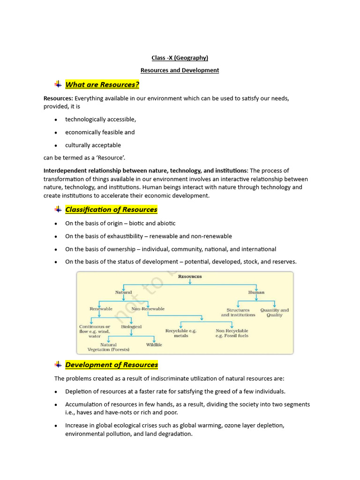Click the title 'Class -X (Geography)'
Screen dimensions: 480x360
pos(180,58)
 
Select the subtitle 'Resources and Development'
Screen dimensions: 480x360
pos(180,70)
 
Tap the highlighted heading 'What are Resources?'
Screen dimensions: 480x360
pos(102,84)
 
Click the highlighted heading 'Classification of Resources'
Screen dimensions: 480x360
pos(111,210)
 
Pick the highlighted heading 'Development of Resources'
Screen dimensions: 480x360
pos(112,365)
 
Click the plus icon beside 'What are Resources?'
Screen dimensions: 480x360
pos(58,84)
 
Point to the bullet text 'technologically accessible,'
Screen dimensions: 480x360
pos(100,120)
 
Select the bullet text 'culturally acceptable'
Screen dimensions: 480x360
pos(93,145)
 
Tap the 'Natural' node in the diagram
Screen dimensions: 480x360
pos(124,292)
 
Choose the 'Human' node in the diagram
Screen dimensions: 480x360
pos(256,292)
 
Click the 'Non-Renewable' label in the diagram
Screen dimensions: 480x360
pos(148,309)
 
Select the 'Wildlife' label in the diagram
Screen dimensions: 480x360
pos(154,345)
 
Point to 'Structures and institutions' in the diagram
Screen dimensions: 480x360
pos(238,313)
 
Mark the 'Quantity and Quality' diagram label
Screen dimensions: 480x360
pos(275,313)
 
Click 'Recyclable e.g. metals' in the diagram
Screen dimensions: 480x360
pos(181,333)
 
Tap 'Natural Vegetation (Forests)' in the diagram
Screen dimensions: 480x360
pos(108,347)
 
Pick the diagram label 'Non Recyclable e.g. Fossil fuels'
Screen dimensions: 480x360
pos(232,333)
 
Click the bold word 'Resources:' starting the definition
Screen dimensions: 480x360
pos(58,98)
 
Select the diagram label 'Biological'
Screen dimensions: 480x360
pos(131,327)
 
